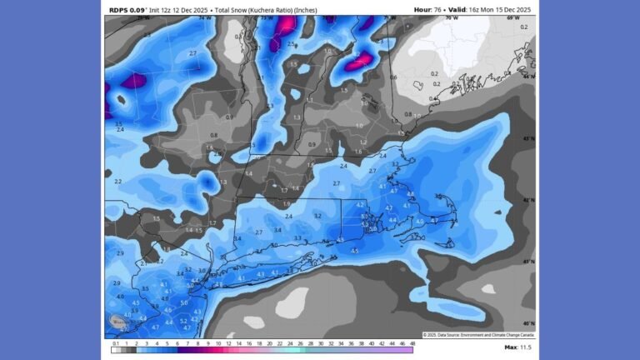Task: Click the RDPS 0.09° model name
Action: pyautogui.click(x=126, y=9)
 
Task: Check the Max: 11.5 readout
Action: pyautogui.click(x=517, y=347)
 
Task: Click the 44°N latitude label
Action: pyautogui.click(x=527, y=76)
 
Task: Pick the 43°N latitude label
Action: pyautogui.click(x=527, y=138)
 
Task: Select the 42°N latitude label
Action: pyautogui.click(x=527, y=200)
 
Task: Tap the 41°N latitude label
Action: pyautogui.click(x=527, y=262)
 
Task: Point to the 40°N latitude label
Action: pyautogui.click(x=527, y=322)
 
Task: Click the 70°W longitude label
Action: pyautogui.click(x=451, y=17)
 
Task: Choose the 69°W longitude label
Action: pyautogui.click(x=513, y=17)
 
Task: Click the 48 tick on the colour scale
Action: pyautogui.click(x=412, y=342)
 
